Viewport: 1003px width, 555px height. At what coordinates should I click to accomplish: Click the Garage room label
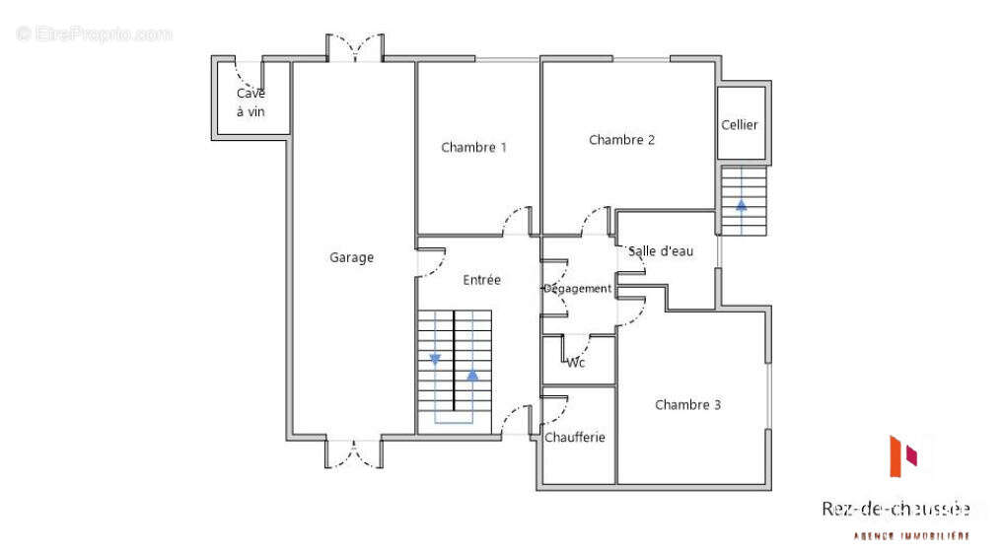coord(352,258)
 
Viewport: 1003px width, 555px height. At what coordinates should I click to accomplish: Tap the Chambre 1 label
coord(473,148)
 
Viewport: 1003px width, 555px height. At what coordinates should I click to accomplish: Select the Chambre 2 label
coord(621,140)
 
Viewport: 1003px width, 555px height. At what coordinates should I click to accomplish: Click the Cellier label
coord(740,125)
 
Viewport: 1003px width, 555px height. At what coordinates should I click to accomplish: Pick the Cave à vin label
coord(251,103)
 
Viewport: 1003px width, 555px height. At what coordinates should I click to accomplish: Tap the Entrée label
coord(481,280)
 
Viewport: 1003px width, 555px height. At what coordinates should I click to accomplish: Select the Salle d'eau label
coord(661,251)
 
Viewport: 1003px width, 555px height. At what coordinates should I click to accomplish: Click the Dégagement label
coord(578,289)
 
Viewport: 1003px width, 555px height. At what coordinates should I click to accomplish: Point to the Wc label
coord(576,363)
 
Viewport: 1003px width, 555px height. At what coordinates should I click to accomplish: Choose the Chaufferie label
coord(575,438)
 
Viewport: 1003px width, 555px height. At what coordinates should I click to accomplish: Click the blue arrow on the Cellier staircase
coord(741,206)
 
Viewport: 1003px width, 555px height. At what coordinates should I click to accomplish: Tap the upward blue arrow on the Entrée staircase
coord(472,375)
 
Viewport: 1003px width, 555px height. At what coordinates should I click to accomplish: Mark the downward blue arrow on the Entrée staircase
coord(435,358)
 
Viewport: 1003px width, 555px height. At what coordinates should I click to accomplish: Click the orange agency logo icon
coord(903,455)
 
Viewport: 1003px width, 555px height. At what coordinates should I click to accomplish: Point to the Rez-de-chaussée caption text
coord(896,509)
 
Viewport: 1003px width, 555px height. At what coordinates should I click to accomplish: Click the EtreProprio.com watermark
coord(94,35)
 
